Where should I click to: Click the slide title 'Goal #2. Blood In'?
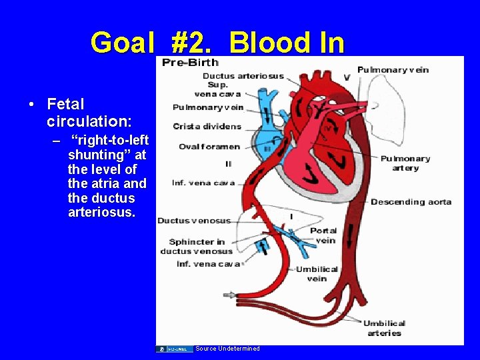tap(217, 43)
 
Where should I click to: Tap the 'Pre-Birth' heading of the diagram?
tap(190, 63)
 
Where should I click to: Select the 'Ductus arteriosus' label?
tap(243, 76)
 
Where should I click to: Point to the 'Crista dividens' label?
tap(207, 127)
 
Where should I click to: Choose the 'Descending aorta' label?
tap(411, 202)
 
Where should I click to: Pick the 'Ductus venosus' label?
tap(193, 221)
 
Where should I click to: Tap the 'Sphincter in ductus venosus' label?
tap(197, 247)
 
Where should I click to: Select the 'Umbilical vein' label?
tap(317, 274)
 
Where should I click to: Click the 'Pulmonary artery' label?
tap(405, 163)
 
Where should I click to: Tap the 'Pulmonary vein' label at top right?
tap(393, 69)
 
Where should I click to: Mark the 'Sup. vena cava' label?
tap(217, 89)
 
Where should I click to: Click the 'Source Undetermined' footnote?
tap(227, 349)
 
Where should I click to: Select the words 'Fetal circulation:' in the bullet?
tap(89, 113)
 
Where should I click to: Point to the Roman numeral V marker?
tap(346, 77)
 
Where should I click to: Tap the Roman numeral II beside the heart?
tap(229, 164)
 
